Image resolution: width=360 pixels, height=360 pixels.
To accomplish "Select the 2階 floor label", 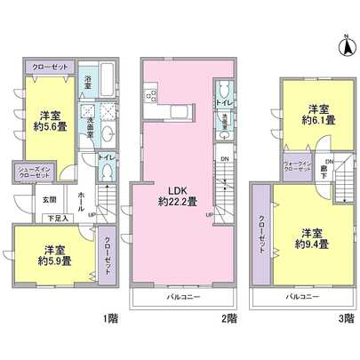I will [x=229, y=317].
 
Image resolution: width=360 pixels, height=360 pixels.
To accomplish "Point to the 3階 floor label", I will [x=343, y=317].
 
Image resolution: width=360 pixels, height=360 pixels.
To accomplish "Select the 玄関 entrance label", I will [x=48, y=200].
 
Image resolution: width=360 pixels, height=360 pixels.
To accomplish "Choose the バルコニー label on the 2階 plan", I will [x=183, y=295].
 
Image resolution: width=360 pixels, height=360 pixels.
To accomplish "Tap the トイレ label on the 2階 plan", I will [x=223, y=103].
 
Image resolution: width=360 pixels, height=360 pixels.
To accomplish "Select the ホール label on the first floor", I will [x=82, y=204].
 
